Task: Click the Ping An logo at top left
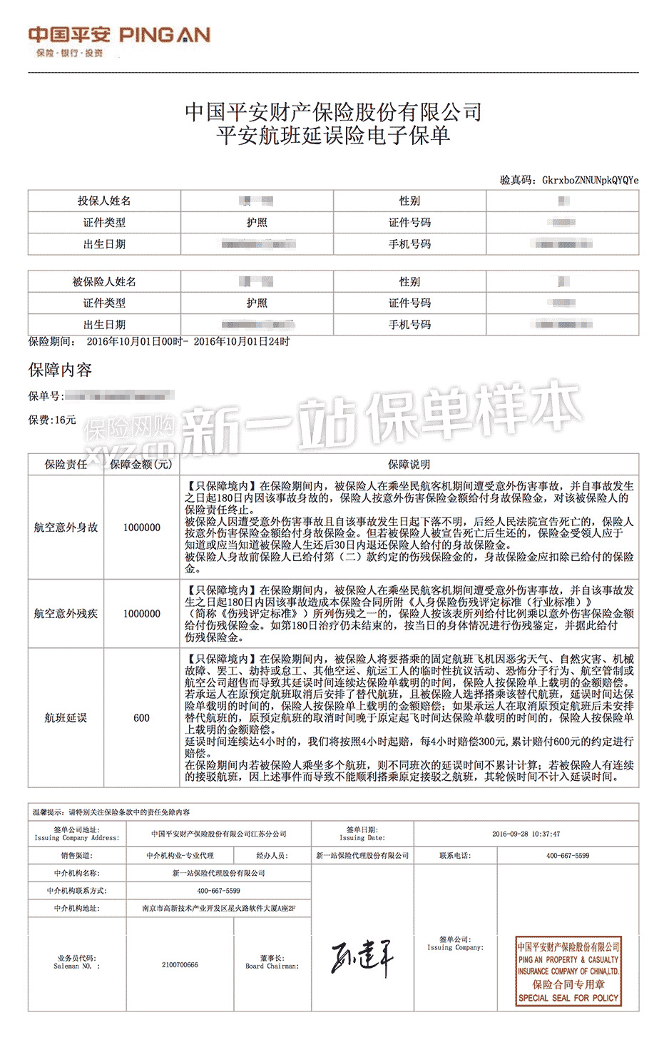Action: click(x=119, y=40)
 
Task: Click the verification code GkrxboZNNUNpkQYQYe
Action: click(x=590, y=180)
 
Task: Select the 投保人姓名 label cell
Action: click(x=104, y=201)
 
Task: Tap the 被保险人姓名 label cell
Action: click(x=104, y=282)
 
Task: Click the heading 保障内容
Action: click(x=60, y=370)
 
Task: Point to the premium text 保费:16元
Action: click(x=52, y=420)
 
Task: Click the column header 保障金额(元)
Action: click(x=141, y=464)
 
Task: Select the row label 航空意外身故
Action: click(x=66, y=527)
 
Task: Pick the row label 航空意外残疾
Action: click(x=66, y=613)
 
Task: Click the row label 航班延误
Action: click(x=66, y=717)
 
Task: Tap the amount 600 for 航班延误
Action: click(x=141, y=717)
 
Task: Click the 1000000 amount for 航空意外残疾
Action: click(x=141, y=613)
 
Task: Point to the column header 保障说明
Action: click(x=409, y=464)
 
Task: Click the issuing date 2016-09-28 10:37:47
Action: click(x=526, y=834)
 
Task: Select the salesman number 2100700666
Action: click(x=180, y=965)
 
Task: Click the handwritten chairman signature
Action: click(x=362, y=958)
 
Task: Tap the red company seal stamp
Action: click(x=568, y=971)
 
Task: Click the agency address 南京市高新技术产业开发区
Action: click(x=218, y=909)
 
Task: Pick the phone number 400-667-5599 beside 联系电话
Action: click(x=568, y=855)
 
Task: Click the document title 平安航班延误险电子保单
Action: click(x=333, y=136)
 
